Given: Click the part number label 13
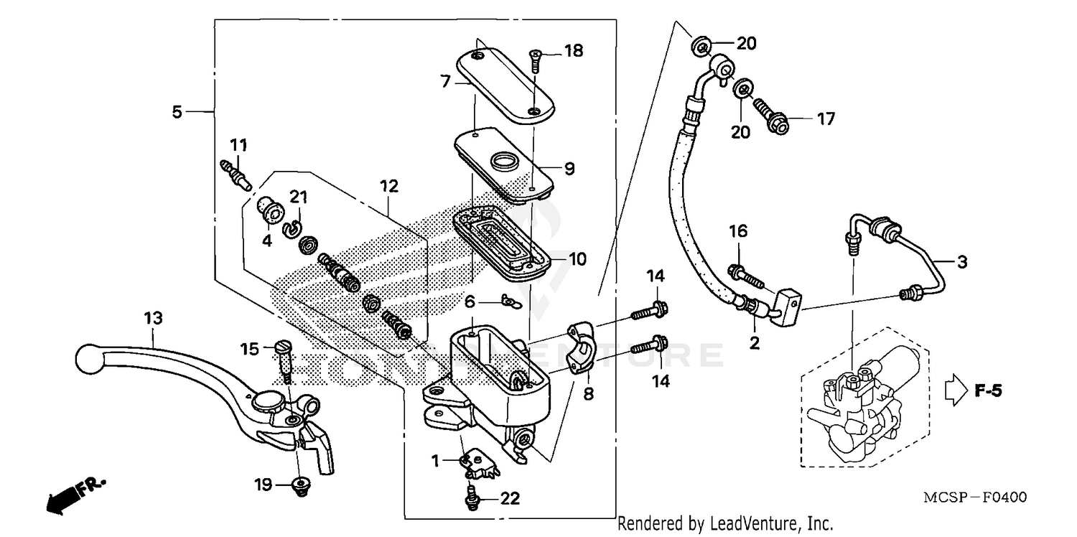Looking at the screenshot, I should click(153, 317).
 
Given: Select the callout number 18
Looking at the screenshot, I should click(573, 51).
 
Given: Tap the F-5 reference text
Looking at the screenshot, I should click(988, 391).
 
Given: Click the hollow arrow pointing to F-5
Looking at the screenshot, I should click(956, 391).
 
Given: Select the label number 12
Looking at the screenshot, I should click(388, 187).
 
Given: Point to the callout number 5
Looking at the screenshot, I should click(177, 111).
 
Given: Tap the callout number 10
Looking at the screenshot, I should click(577, 258).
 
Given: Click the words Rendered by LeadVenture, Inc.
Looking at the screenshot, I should click(724, 523).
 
